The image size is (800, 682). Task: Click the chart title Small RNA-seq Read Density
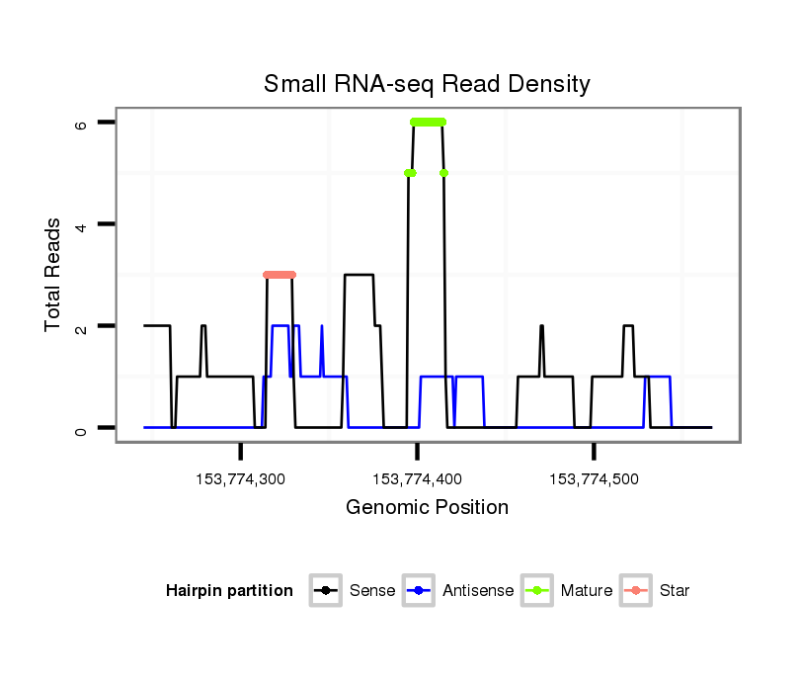[x=427, y=84]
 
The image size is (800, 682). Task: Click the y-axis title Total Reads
[x=54, y=275]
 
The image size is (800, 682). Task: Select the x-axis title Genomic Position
[x=427, y=508]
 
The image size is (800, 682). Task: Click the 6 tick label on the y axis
[x=81, y=123]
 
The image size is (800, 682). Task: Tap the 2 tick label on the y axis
[x=81, y=326]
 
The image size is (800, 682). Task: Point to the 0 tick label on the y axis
[x=81, y=428]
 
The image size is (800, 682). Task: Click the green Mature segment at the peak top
[x=428, y=122]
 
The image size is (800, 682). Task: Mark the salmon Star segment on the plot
[x=280, y=275]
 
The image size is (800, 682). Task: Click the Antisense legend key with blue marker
[x=420, y=591]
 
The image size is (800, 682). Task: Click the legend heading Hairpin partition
[x=229, y=591]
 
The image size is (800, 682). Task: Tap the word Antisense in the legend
[x=478, y=591]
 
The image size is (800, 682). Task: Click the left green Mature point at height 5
[x=410, y=173]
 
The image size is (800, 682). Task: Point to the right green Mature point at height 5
[x=444, y=173]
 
